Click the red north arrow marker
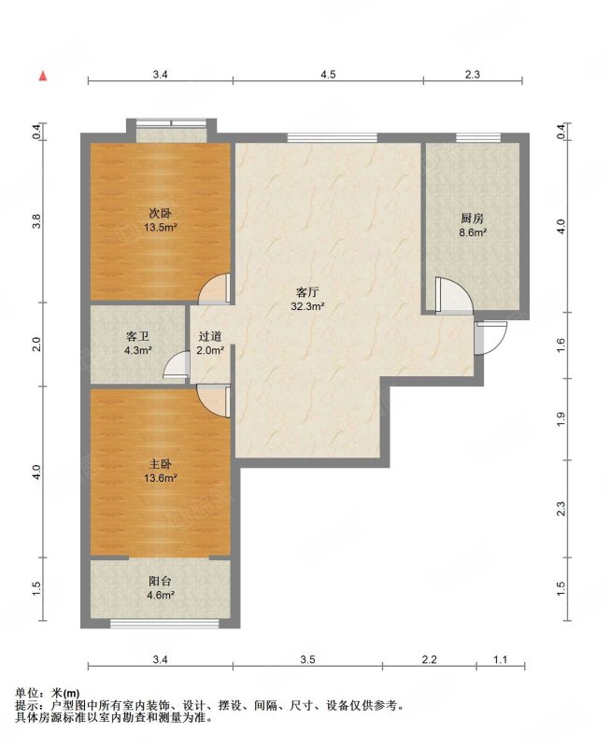pos(43,76)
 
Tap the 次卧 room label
pos(160,213)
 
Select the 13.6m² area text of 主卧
pos(161,478)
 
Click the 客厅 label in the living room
pos(307,292)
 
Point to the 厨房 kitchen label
pos(473,218)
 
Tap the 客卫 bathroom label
pos(138,337)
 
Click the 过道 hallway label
pos(210,336)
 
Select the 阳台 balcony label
pos(160,581)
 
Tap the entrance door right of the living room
pos(489,338)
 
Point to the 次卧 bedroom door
pos(215,289)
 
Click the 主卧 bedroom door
pos(214,402)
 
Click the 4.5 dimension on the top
pos(328,75)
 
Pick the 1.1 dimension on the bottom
pos(501,659)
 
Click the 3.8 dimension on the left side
pos(37,220)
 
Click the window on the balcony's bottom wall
pos(164,623)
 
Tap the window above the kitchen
pos(478,137)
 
